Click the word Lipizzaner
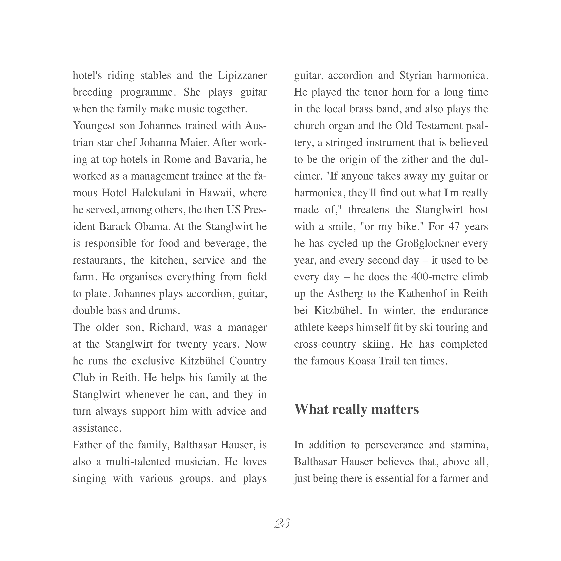(x=242, y=76)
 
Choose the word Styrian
(x=416, y=76)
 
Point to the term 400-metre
(x=433, y=277)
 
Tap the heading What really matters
(x=357, y=409)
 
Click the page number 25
(x=282, y=524)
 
